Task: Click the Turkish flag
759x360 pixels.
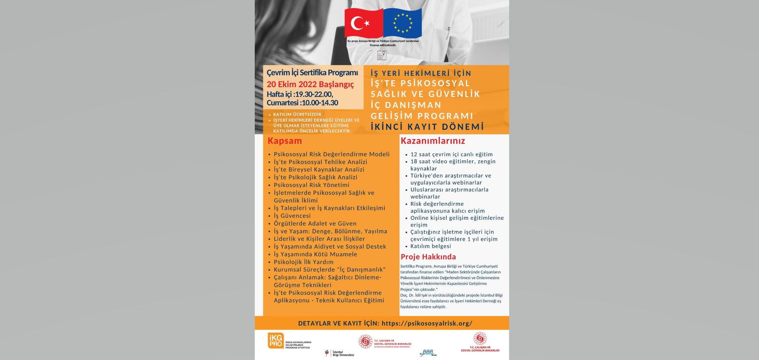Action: click(x=363, y=23)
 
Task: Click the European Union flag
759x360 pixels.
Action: click(x=402, y=23)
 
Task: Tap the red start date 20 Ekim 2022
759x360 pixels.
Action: click(x=310, y=84)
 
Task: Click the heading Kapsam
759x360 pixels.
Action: click(x=285, y=141)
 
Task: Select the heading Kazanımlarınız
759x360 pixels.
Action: click(x=433, y=141)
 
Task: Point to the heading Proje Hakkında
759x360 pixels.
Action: click(x=428, y=257)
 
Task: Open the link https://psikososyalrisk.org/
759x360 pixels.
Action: click(x=427, y=323)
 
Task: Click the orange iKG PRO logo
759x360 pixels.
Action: click(x=276, y=341)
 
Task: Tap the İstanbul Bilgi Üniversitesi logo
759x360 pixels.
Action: click(x=340, y=353)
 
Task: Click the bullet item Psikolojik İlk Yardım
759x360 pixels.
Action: click(x=304, y=262)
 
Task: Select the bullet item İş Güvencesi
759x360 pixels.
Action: click(x=292, y=216)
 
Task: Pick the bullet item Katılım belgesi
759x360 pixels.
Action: click(x=430, y=246)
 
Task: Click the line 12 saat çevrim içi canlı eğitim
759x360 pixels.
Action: click(x=452, y=154)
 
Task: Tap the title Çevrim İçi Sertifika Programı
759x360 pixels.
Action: click(x=312, y=73)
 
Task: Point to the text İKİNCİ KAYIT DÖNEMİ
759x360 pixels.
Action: click(x=427, y=127)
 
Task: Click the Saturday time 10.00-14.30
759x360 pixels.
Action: click(x=320, y=103)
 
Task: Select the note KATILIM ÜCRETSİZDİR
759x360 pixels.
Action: click(x=298, y=115)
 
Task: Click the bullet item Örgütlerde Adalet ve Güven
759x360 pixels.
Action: click(x=315, y=224)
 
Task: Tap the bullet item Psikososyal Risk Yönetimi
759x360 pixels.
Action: click(x=311, y=185)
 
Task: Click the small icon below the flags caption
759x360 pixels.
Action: click(x=382, y=55)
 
